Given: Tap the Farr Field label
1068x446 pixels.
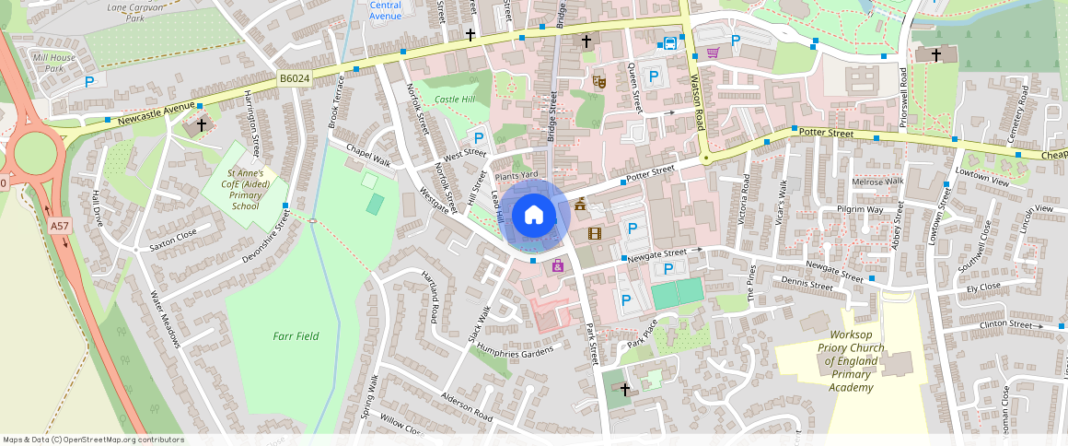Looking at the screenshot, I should click(296, 336).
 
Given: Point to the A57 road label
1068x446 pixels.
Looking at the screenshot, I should click(60, 226).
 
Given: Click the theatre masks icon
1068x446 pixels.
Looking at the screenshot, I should click(598, 82).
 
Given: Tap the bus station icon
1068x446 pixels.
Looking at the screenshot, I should click(669, 43).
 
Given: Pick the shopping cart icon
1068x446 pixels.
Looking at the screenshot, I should click(713, 53).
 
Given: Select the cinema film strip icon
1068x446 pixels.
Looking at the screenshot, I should click(594, 233).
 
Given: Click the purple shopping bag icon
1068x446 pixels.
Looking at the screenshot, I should click(557, 266).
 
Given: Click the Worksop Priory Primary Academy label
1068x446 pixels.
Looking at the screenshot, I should click(851, 361).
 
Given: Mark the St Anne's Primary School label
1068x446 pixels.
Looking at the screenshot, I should click(246, 189).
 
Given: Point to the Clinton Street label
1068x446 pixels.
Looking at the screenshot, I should click(1006, 324).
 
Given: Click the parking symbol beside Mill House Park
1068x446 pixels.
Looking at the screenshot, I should click(89, 82).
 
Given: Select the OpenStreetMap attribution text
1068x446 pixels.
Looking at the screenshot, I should click(93, 440).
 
